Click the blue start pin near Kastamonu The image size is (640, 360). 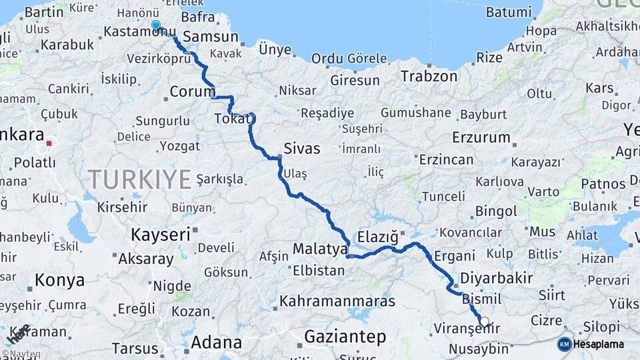coord(156,25)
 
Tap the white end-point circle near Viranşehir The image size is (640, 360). coord(484,321)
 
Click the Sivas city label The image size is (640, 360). coord(301,148)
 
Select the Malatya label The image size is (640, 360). coord(319,249)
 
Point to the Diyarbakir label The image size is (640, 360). coord(497,277)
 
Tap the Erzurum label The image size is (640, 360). coord(481,138)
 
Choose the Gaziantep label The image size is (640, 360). coord(345,337)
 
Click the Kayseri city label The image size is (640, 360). coord(160,235)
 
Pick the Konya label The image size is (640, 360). coord(59,280)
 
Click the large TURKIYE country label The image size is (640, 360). coord(140,179)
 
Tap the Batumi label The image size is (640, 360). coord(509,12)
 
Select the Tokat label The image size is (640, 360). coord(233,119)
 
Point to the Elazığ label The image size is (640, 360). coord(378,237)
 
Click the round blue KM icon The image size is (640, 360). coord(565,344)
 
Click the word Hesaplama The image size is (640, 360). coord(599,344)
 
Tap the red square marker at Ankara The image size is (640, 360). coord(49,143)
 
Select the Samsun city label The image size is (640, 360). coord(210,37)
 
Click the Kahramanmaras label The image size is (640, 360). coord(337,301)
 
